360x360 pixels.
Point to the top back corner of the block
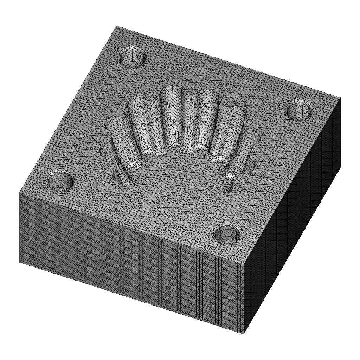(116, 26)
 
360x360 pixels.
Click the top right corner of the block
(340, 97)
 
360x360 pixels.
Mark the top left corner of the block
(19, 192)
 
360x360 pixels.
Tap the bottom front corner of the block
(244, 334)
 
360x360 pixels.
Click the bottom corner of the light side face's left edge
(19, 262)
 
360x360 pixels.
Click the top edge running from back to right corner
(229, 62)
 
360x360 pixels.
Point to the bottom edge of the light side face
(130, 297)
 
